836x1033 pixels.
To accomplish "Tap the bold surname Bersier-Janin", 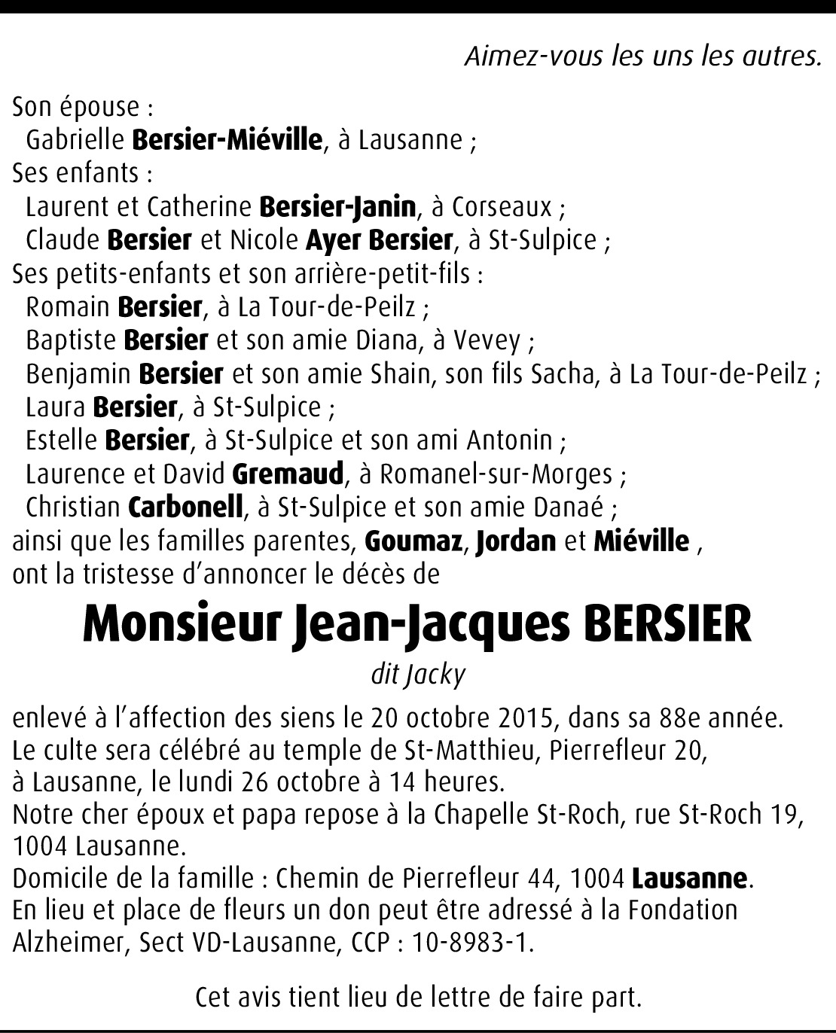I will (x=337, y=206).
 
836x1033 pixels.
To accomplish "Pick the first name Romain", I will (x=67, y=307).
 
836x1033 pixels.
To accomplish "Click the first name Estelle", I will (x=61, y=440).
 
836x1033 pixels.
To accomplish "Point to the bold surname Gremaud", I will (x=288, y=474).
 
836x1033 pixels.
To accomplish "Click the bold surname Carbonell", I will (x=187, y=507).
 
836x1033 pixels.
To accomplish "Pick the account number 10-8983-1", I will (x=465, y=943).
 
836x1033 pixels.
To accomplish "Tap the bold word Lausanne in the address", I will (x=689, y=878).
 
